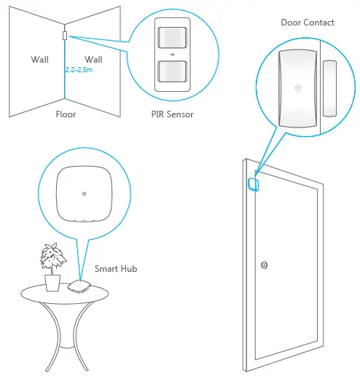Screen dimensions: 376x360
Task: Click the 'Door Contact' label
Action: [x=308, y=23]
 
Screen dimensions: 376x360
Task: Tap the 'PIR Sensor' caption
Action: [x=172, y=114]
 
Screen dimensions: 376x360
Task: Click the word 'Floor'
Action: [x=66, y=114]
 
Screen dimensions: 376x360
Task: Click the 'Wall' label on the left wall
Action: [x=39, y=58]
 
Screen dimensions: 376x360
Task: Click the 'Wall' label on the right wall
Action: [x=93, y=58]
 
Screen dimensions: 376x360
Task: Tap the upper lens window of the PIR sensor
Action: [x=172, y=36]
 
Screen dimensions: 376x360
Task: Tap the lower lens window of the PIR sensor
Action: [x=172, y=71]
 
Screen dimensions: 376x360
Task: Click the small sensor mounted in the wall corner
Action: [x=65, y=35]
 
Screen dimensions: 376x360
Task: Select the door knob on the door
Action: [x=263, y=265]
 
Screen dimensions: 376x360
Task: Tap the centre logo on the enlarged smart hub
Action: [x=85, y=194]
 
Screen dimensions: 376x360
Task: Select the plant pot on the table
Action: [x=52, y=281]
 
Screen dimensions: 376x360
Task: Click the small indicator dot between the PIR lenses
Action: [x=172, y=54]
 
